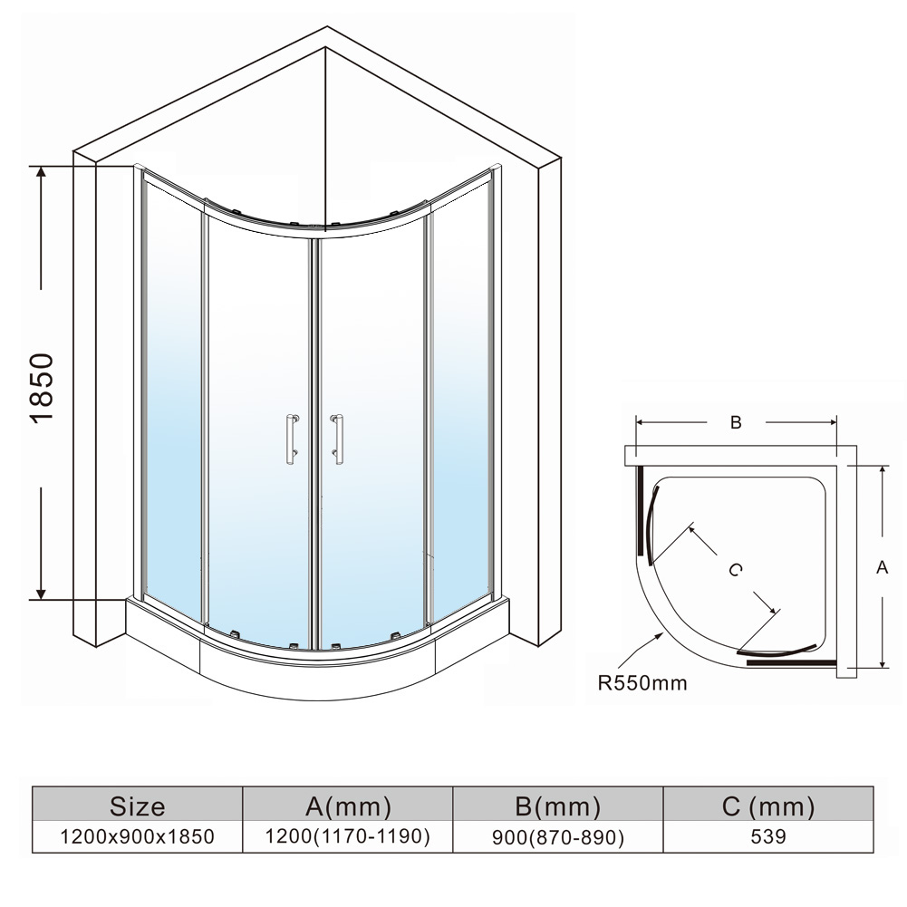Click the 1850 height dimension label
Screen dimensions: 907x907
tap(42, 388)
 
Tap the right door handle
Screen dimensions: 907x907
tap(336, 439)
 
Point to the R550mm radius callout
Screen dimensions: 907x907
tap(642, 683)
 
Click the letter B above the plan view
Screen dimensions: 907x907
tap(736, 422)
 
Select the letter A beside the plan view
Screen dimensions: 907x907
tap(883, 567)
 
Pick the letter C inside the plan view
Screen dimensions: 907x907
tap(735, 570)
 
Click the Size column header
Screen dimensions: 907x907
tap(137, 806)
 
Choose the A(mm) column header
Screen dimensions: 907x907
tap(348, 806)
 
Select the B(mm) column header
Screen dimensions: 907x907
tap(557, 806)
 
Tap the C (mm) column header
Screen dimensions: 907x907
tap(768, 806)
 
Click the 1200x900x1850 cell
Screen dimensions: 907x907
tap(137, 836)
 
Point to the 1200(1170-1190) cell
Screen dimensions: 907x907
tap(348, 836)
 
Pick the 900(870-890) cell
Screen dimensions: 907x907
tap(557, 837)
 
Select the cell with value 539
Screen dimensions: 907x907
tap(768, 836)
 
